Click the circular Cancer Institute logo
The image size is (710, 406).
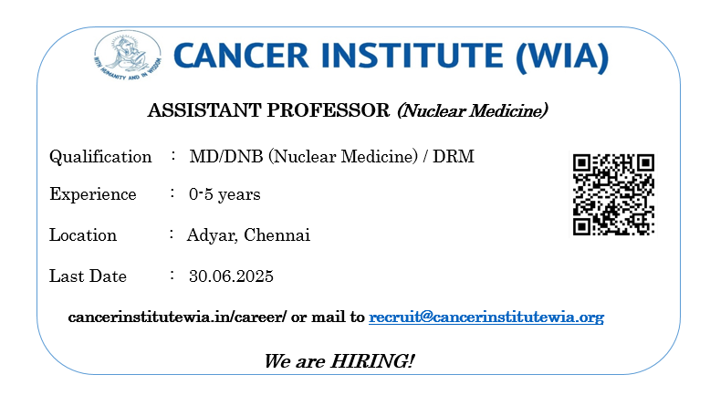click(127, 56)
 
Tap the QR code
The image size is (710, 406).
click(613, 194)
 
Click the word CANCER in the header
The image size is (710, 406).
click(241, 57)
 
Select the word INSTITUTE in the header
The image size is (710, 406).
click(412, 57)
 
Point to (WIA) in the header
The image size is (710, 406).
click(562, 57)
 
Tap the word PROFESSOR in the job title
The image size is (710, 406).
click(329, 110)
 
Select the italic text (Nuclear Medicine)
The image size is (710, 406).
click(473, 111)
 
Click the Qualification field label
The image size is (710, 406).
click(100, 157)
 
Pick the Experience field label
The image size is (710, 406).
click(93, 194)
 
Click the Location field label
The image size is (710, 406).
click(83, 234)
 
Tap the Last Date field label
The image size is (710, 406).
click(88, 276)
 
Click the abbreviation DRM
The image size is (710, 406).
click(454, 157)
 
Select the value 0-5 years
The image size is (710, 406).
click(224, 194)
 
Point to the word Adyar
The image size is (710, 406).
click(213, 235)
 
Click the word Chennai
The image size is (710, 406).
click(277, 234)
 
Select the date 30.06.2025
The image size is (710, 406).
click(231, 276)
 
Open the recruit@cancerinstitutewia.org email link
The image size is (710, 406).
click(486, 318)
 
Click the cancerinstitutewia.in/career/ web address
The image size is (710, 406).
click(177, 317)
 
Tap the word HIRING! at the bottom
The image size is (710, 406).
click(372, 361)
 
